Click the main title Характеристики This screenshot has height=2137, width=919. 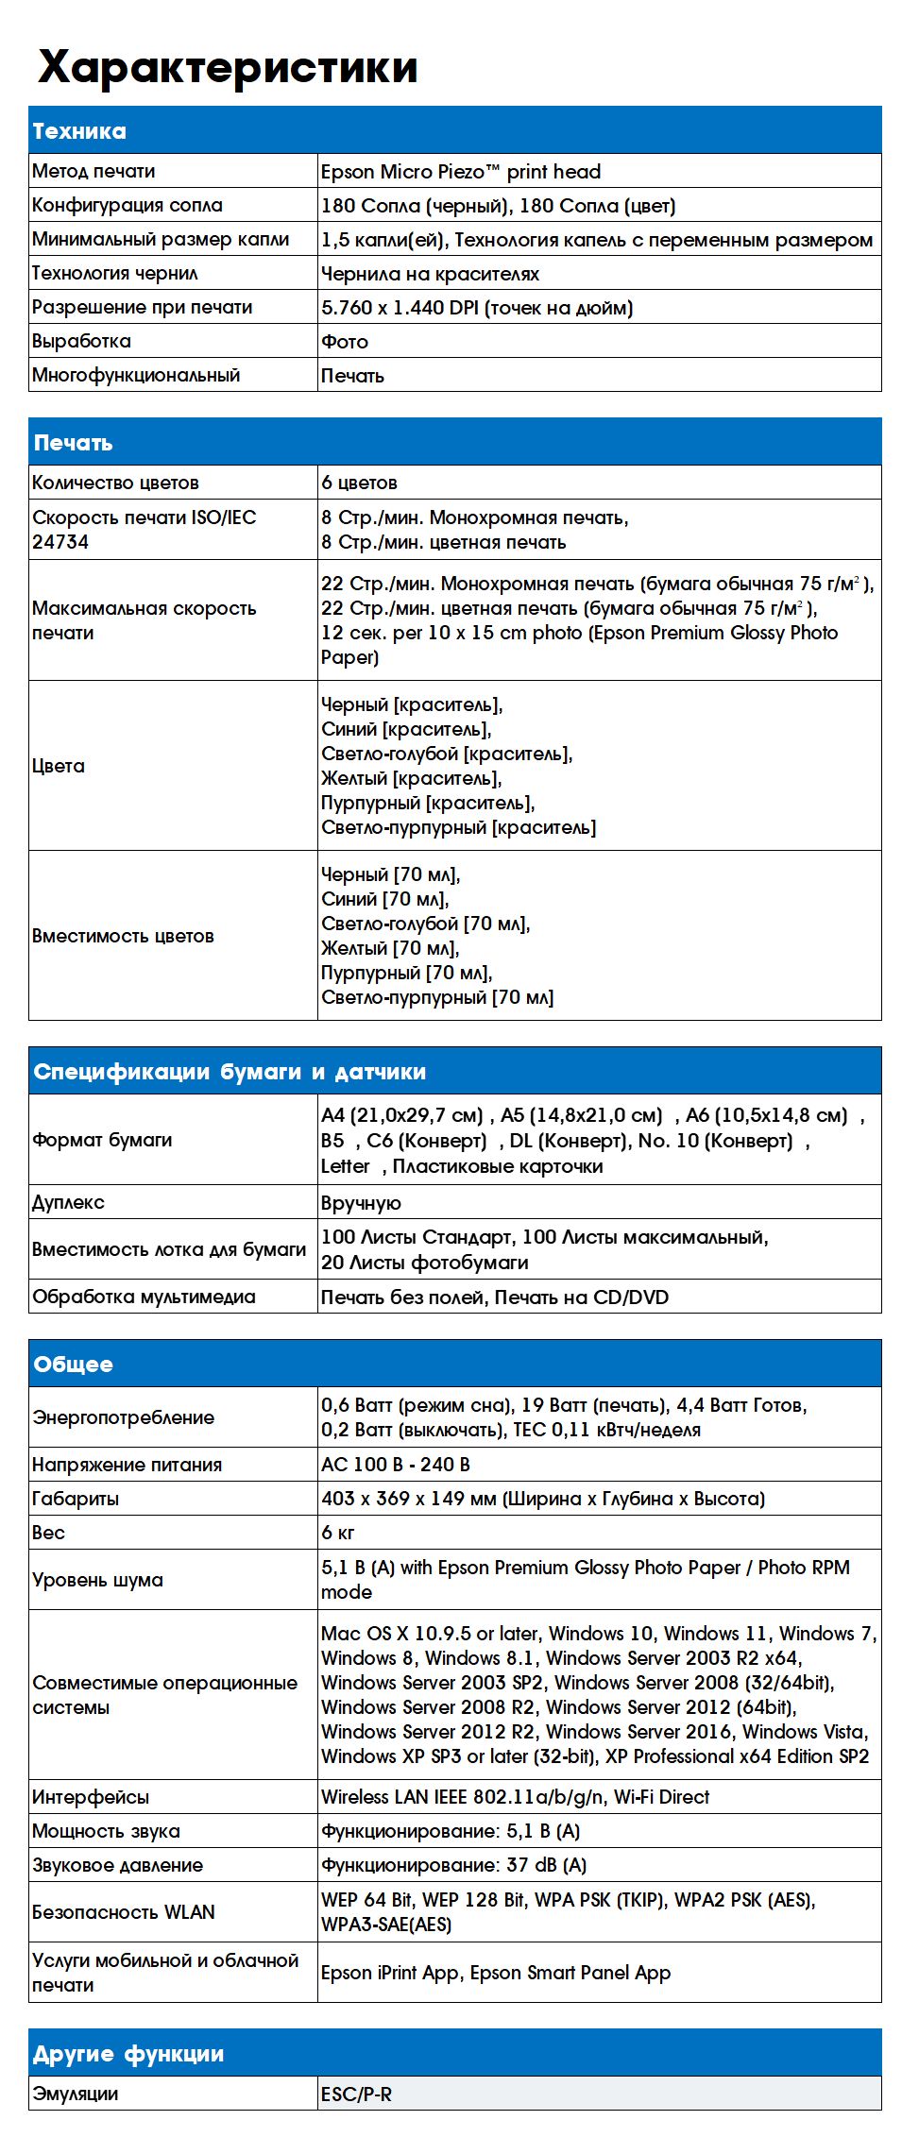point(227,68)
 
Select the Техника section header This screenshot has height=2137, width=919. point(79,131)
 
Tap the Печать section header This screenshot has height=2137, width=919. point(73,443)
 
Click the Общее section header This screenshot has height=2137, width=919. point(73,1365)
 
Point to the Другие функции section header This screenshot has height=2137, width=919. point(128,2054)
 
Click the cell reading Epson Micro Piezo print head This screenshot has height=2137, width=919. point(461,172)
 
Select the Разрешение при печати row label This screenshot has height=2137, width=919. point(143,307)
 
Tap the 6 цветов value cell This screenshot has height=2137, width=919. point(359,483)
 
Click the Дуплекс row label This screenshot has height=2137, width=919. point(68,1202)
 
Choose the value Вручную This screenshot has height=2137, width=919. point(361,1203)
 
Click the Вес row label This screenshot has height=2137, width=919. point(48,1533)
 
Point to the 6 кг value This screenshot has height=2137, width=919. point(338,1533)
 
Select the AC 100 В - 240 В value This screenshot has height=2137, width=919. point(396,1465)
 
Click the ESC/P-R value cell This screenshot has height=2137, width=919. point(356,2095)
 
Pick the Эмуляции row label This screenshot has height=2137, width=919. point(76,2094)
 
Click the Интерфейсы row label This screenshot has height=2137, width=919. point(91,1797)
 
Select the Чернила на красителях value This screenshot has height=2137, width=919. point(430,274)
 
